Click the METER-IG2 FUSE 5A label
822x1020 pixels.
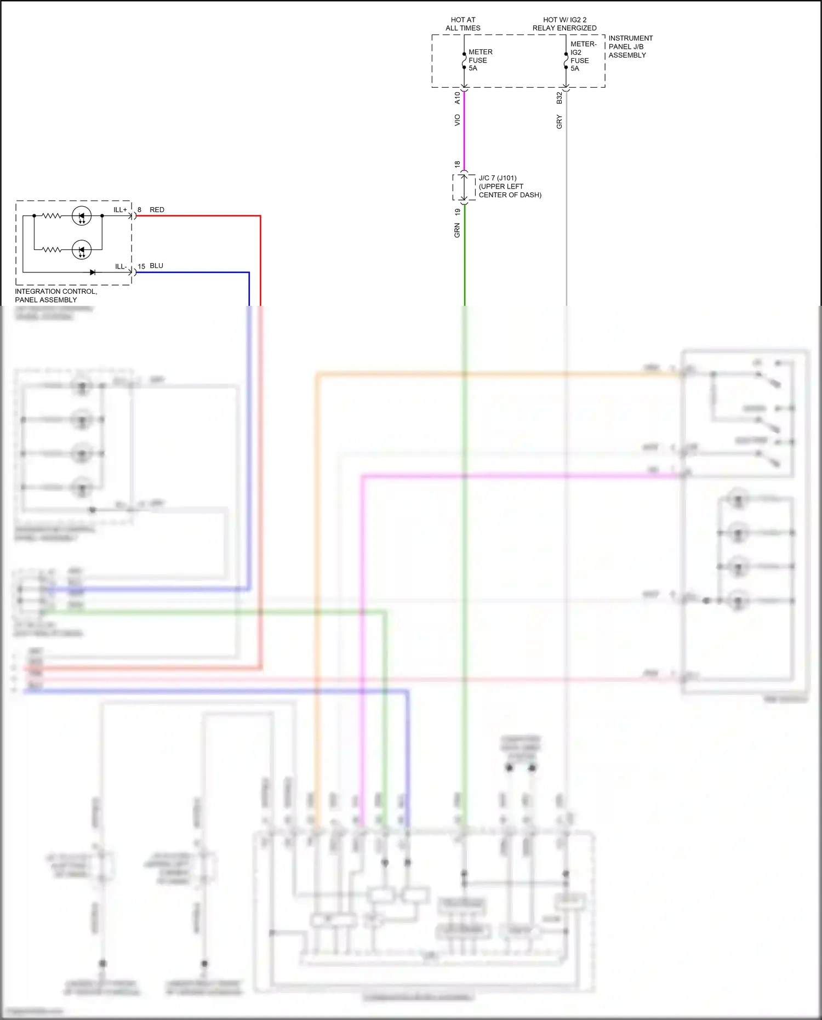pyautogui.click(x=583, y=56)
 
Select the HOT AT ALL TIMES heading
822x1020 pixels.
pyautogui.click(x=463, y=24)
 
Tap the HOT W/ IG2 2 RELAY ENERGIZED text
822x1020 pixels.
pyautogui.click(x=564, y=24)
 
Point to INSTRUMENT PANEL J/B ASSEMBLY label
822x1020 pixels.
pyautogui.click(x=630, y=47)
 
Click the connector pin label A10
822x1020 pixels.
pyautogui.click(x=457, y=98)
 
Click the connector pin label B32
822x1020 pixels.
pyautogui.click(x=559, y=98)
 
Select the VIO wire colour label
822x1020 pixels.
pyautogui.click(x=457, y=120)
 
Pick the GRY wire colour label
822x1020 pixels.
pyautogui.click(x=559, y=122)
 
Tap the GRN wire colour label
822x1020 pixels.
pyautogui.click(x=457, y=230)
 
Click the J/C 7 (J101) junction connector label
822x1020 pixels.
pyautogui.click(x=509, y=186)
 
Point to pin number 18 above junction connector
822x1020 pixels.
pyautogui.click(x=457, y=164)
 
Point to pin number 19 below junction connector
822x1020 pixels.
pyautogui.click(x=457, y=212)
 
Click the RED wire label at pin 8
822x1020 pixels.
pyautogui.click(x=157, y=210)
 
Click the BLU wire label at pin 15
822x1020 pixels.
pyautogui.click(x=156, y=266)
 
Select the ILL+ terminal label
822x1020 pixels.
pyautogui.click(x=120, y=210)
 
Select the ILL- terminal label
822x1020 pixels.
pyautogui.click(x=121, y=266)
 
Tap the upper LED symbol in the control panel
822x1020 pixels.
pyautogui.click(x=82, y=216)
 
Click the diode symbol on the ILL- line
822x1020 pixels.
pyautogui.click(x=93, y=272)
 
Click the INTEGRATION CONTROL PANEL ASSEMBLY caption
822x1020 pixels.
pyautogui.click(x=55, y=295)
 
